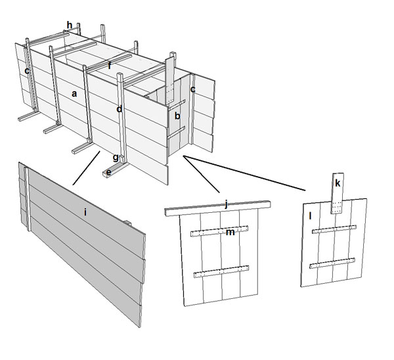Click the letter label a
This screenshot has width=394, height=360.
point(74,95)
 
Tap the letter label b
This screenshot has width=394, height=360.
point(177,116)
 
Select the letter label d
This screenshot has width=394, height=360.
point(119,109)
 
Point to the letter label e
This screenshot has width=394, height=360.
point(108,173)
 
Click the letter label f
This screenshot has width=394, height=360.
point(109,66)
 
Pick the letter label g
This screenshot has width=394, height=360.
point(116,158)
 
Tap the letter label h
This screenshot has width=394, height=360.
point(70,25)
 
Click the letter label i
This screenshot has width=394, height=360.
point(85,212)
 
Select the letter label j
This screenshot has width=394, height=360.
point(226,204)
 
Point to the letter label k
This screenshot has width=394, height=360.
point(338,183)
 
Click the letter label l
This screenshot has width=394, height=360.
point(311,215)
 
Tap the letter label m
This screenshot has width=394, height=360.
point(230,233)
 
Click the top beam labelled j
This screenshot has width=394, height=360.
point(217,208)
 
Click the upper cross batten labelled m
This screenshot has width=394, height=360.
point(219,231)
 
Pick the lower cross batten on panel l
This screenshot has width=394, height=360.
point(332,263)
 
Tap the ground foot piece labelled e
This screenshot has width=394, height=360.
point(116,169)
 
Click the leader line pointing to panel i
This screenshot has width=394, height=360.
point(87,168)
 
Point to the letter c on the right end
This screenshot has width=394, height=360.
point(192,89)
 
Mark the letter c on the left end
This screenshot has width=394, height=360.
point(27,71)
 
